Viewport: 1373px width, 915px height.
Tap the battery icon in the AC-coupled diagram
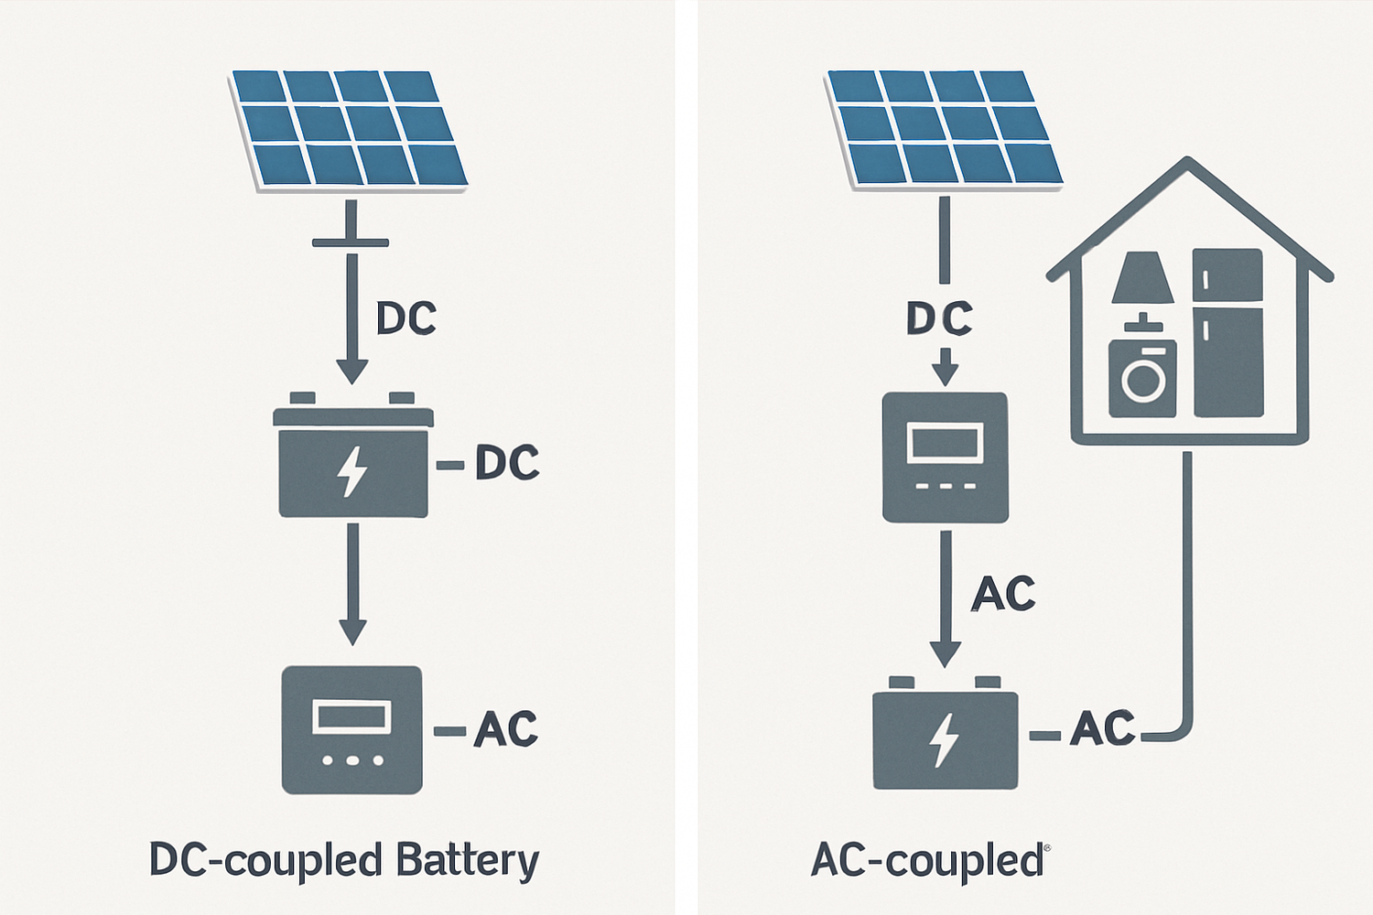click(x=945, y=737)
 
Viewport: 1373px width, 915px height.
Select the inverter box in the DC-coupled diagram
click(x=352, y=729)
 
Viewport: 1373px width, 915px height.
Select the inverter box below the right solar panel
click(x=945, y=457)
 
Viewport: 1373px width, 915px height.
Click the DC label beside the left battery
click(x=507, y=464)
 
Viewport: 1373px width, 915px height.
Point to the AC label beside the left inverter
click(x=505, y=729)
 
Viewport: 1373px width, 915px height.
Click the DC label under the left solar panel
click(x=406, y=318)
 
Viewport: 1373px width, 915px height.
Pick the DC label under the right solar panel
click(x=939, y=318)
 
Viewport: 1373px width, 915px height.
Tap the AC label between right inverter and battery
click(x=1003, y=594)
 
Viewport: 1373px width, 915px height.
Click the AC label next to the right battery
click(x=1102, y=729)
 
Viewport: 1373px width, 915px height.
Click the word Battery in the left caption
click(x=467, y=862)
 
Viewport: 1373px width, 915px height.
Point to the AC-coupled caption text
click(x=926, y=862)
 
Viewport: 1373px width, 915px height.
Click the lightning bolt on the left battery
click(x=352, y=472)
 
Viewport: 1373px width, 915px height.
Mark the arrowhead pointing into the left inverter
click(x=352, y=631)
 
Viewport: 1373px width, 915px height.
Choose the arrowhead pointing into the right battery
click(x=945, y=653)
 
